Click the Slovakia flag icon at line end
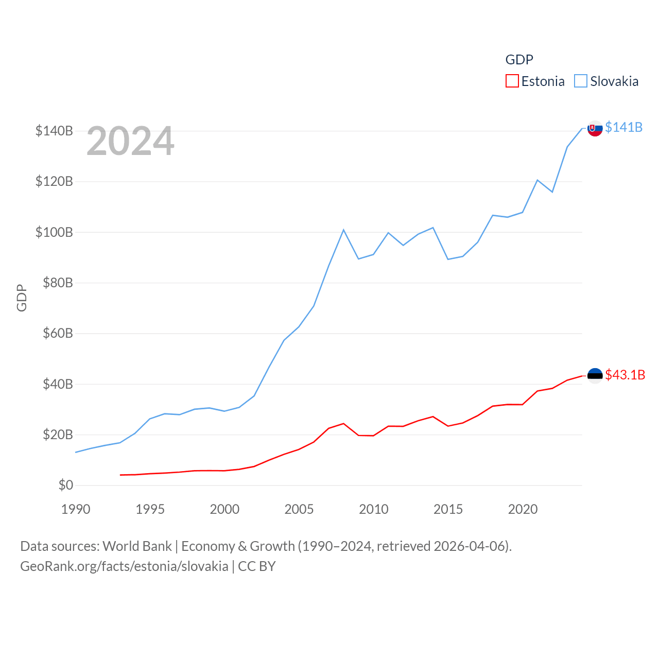tap(595, 128)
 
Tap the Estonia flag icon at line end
tap(595, 376)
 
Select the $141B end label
tap(623, 127)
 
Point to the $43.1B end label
tap(625, 375)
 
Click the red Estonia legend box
tap(512, 81)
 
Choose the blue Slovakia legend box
tap(581, 81)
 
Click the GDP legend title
tap(519, 60)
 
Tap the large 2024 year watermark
tap(130, 141)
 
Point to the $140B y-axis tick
tap(54, 131)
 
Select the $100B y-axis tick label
tap(54, 232)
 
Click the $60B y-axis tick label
tap(57, 333)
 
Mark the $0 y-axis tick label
tap(65, 485)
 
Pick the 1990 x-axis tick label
tap(76, 509)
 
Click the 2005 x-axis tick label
tap(299, 509)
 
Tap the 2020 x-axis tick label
tap(523, 509)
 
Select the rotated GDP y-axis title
tap(22, 298)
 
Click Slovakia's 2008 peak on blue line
tap(343, 230)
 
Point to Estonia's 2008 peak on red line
tap(343, 424)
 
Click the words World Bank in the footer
tap(137, 546)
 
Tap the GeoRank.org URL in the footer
tap(124, 566)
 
